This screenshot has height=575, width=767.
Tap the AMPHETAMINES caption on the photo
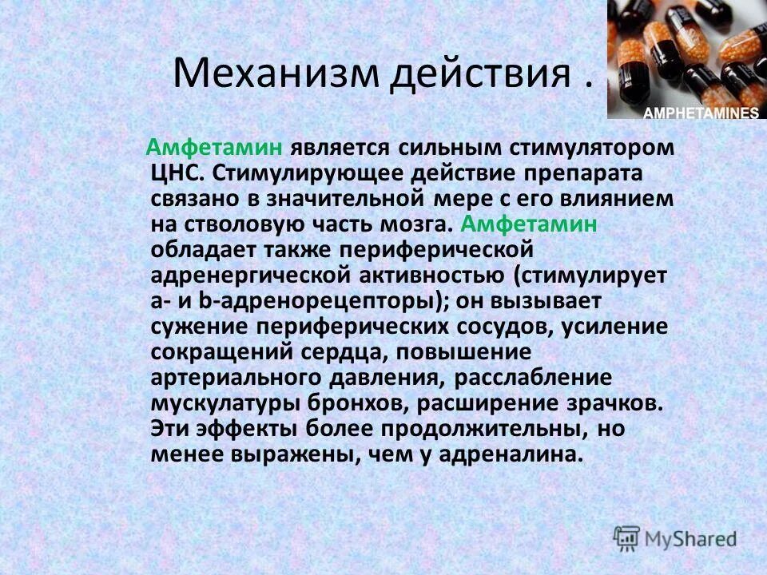pyautogui.click(x=700, y=113)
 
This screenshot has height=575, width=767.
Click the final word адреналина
pyautogui.click(x=520, y=453)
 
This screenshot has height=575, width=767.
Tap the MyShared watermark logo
pyautogui.click(x=675, y=537)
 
